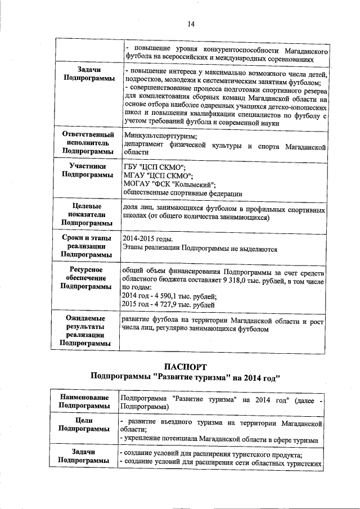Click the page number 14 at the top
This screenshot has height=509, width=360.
pyautogui.click(x=191, y=24)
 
